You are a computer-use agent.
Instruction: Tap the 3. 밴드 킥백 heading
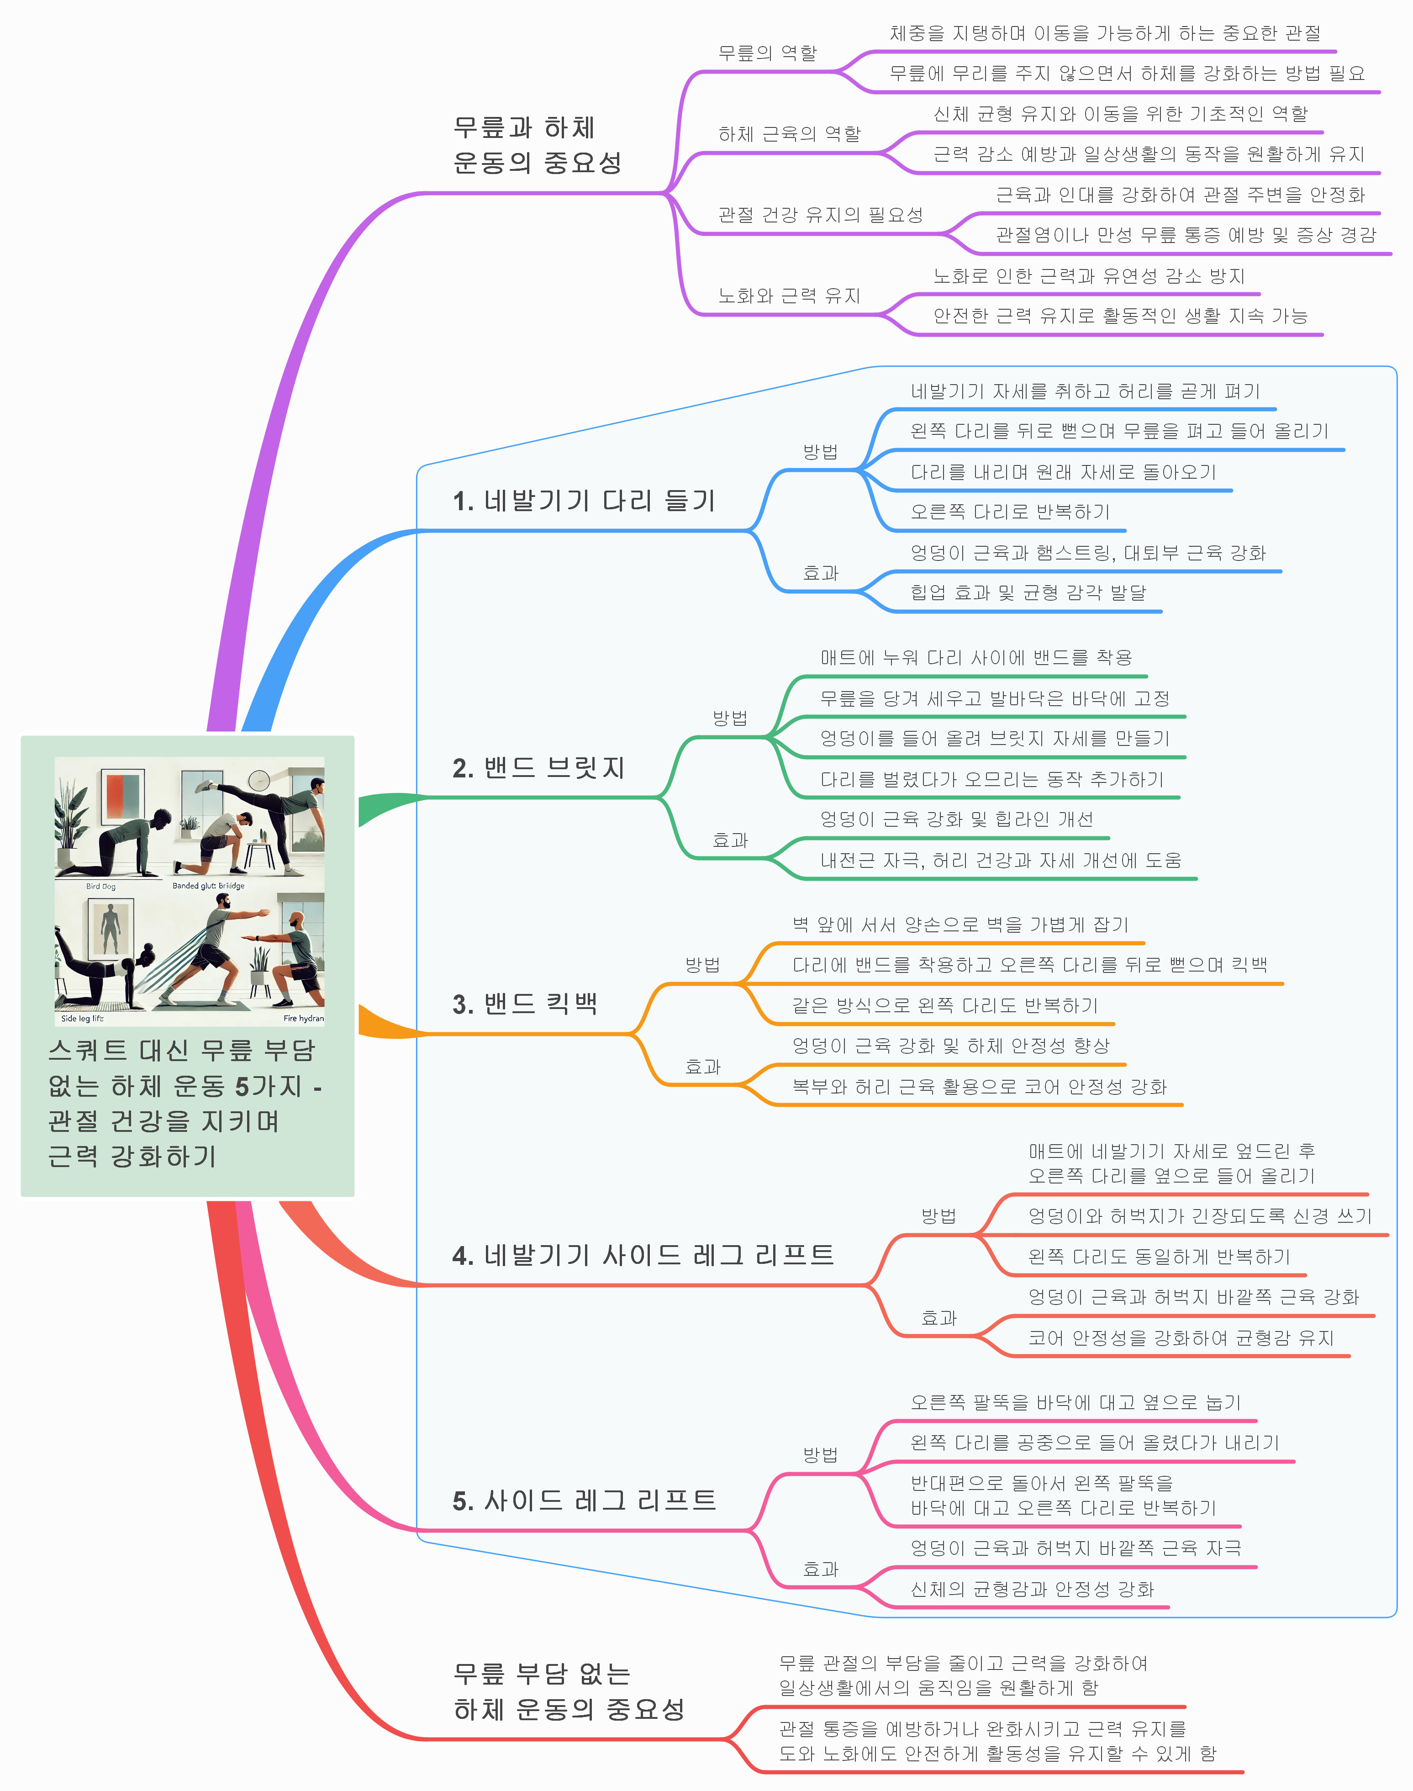524,1004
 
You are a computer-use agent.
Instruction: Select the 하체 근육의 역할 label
789,134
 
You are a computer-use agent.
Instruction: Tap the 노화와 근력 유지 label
789,296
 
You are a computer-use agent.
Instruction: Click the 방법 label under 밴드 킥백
702,965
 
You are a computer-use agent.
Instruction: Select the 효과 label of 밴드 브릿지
730,840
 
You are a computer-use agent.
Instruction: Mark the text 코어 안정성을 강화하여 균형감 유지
1181,1338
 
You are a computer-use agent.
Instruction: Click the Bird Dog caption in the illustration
101,886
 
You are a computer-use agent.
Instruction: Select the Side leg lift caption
83,1018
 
